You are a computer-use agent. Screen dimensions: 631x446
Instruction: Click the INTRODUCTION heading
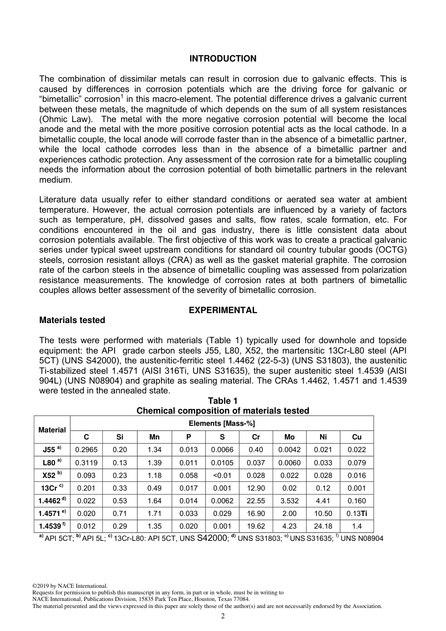pos(223,59)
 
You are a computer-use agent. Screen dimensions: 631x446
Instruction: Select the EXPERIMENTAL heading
pos(223,310)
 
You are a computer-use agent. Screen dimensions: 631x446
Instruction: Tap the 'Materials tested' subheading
pos(72,320)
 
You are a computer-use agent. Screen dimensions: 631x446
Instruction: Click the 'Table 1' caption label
pos(223,400)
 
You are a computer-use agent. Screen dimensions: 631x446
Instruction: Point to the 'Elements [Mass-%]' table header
pos(222,423)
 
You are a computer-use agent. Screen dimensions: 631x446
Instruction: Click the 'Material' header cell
pos(52,430)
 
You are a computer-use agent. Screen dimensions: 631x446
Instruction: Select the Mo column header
pos(290,437)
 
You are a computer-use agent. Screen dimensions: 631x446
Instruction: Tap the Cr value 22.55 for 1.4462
pos(256,500)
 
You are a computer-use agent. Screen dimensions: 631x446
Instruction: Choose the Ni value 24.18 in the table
pos(323,526)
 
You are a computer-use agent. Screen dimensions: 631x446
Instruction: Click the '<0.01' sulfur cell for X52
pos(222,475)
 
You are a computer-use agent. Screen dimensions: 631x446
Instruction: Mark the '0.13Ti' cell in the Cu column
pos(357,513)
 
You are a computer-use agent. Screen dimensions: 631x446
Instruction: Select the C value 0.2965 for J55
pos(86,449)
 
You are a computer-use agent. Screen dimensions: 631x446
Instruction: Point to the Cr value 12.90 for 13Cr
pos(256,488)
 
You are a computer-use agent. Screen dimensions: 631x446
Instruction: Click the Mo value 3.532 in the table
pos(290,500)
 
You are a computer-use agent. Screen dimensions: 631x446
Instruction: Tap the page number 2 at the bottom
pos(223,616)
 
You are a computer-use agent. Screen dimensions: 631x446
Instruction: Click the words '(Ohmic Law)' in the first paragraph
pos(59,119)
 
